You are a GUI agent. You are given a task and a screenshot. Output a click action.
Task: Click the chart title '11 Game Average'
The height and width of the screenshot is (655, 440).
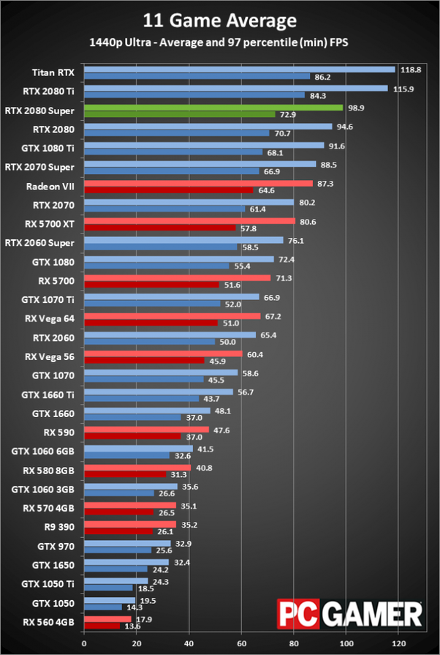pyautogui.click(x=220, y=20)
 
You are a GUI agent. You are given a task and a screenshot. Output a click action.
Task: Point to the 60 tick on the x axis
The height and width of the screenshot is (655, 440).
pyautogui.click(x=240, y=644)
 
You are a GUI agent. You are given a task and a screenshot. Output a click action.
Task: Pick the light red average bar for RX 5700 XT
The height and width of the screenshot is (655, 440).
pyautogui.click(x=190, y=221)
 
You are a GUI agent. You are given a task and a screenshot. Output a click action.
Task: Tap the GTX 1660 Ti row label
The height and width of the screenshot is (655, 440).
pyautogui.click(x=51, y=395)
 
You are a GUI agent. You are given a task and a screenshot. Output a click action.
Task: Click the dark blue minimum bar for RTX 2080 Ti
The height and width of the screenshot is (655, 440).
pyautogui.click(x=194, y=94)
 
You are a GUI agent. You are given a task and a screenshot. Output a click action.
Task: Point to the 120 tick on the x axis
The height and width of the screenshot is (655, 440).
pyautogui.click(x=397, y=644)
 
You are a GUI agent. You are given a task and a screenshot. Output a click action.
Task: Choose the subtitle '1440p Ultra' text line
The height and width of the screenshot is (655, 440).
pyautogui.click(x=220, y=43)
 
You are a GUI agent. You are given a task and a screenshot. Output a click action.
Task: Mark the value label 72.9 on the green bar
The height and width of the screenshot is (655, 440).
pyautogui.click(x=287, y=114)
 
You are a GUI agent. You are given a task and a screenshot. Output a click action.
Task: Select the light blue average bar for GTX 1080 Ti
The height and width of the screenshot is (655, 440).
pyautogui.click(x=204, y=146)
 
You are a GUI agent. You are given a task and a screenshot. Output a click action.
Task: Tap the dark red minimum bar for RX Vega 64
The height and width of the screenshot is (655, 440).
pyautogui.click(x=151, y=322)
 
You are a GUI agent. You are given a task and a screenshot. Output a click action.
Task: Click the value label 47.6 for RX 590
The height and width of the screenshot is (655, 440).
pyautogui.click(x=221, y=430)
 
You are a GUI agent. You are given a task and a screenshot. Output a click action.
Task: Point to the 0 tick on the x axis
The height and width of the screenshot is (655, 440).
pyautogui.click(x=84, y=644)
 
